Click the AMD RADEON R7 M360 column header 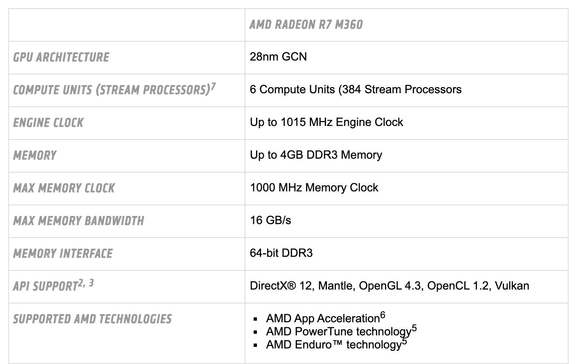point(306,25)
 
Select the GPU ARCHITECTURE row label point(61,57)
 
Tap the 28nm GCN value point(278,56)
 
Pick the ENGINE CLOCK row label point(48,123)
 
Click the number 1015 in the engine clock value point(293,122)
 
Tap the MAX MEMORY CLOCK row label point(64,188)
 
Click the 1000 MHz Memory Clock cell point(314,188)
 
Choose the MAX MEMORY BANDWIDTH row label point(79,221)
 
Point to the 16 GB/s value point(270,220)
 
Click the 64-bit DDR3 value point(281,253)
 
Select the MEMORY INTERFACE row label point(63,254)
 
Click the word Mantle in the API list point(337,286)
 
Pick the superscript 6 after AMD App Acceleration point(382,315)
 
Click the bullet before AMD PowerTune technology point(255,332)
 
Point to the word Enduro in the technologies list point(313,345)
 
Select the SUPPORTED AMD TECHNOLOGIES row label point(92,319)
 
